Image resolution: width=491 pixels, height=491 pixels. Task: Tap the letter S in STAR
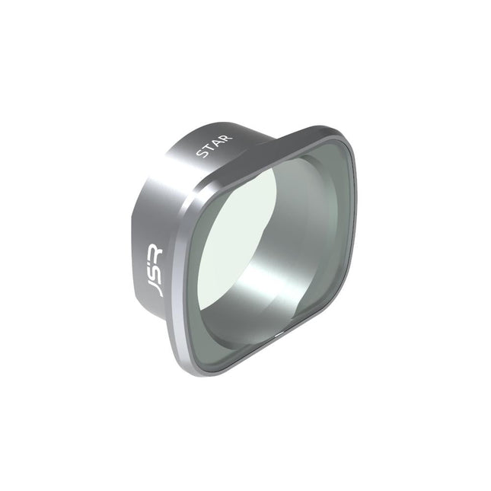(x=202, y=155)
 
